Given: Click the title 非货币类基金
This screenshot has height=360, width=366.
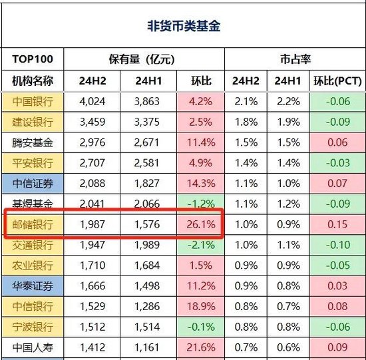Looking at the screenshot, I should click(183, 26).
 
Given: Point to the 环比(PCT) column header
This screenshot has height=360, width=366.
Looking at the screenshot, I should click(336, 81).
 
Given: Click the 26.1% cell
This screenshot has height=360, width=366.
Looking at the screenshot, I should click(200, 224).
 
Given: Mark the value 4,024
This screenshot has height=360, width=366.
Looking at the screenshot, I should click(92, 102).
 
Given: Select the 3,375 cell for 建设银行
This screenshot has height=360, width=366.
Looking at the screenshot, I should click(147, 123).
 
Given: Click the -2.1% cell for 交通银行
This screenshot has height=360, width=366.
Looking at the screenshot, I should click(200, 245).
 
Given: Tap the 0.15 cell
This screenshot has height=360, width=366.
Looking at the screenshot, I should click(336, 224).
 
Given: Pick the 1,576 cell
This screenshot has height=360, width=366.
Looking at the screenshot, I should click(147, 224).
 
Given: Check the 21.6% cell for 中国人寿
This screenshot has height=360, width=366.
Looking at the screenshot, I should click(200, 346).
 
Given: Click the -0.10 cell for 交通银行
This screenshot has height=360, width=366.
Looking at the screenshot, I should click(336, 245).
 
